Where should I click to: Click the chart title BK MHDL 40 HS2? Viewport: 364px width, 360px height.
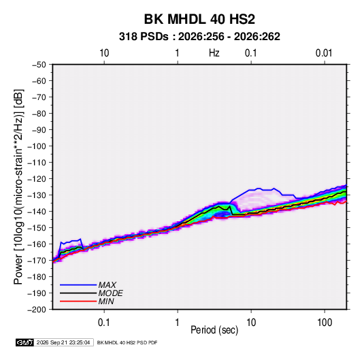[199, 19]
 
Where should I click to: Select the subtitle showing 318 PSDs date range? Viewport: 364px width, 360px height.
[199, 37]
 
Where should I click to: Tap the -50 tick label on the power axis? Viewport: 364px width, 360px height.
[39, 65]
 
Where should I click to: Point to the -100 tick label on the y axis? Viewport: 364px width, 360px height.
[37, 146]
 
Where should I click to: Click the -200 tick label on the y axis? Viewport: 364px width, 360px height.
[37, 310]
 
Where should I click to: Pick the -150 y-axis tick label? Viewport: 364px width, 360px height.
[37, 228]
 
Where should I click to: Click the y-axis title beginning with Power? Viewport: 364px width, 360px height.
[18, 187]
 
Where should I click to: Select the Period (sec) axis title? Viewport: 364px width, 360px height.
[214, 330]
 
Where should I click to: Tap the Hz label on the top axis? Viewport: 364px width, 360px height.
[214, 53]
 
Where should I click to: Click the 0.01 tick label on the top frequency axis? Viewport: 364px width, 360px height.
[324, 53]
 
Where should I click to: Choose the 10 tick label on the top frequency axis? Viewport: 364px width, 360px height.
[104, 53]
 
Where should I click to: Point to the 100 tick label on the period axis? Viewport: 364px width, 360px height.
[325, 323]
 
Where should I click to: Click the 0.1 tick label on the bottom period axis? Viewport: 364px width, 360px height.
[104, 323]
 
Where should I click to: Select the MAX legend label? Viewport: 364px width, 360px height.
[107, 285]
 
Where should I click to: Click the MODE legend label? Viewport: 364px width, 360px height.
[110, 293]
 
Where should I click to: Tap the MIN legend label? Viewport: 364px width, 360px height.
[106, 301]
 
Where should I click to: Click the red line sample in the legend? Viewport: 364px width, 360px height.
[78, 301]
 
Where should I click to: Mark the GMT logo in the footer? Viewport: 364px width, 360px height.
[24, 342]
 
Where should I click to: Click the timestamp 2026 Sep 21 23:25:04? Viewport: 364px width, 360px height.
[63, 342]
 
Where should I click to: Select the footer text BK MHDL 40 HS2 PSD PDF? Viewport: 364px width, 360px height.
[127, 342]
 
